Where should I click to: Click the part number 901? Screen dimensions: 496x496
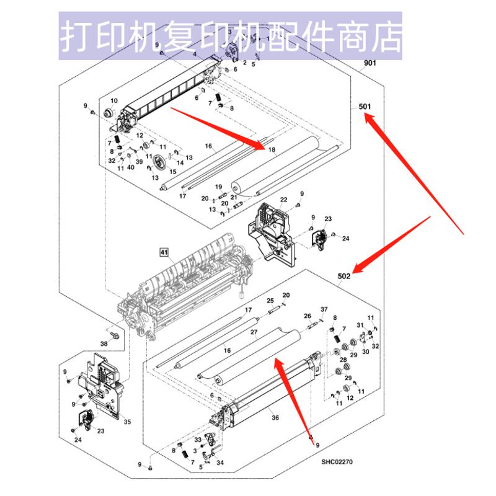pos(370,63)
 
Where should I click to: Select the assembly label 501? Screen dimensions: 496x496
pos(365,107)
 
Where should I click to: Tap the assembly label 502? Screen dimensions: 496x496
pos(345,277)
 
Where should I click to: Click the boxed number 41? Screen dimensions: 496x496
pos(164,252)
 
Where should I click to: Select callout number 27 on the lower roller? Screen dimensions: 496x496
pos(254,333)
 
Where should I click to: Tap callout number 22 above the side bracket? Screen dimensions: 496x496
pos(283,199)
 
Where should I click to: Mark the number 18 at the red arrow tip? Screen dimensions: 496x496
pos(271,150)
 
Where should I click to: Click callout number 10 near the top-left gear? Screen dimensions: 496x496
pos(113,101)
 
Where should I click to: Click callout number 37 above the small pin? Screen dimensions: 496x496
pos(323,309)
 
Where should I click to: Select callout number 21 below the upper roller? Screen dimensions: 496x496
pos(234,198)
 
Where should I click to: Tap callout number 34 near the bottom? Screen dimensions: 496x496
pos(220,461)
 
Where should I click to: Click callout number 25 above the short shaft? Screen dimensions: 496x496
pos(270,301)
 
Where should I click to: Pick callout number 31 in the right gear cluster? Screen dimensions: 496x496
pos(361,325)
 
